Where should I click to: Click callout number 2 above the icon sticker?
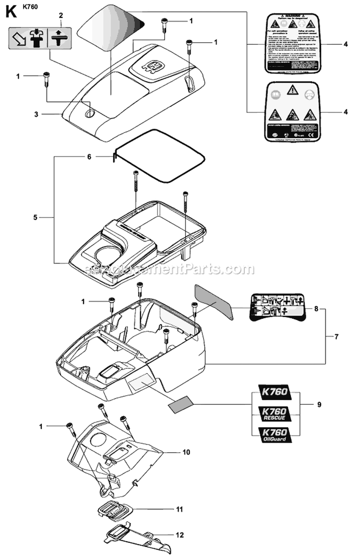coord(60,16)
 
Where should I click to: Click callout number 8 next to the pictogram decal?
coord(316,308)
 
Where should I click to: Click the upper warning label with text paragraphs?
coord(287,44)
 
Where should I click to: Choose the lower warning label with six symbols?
coord(287,112)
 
